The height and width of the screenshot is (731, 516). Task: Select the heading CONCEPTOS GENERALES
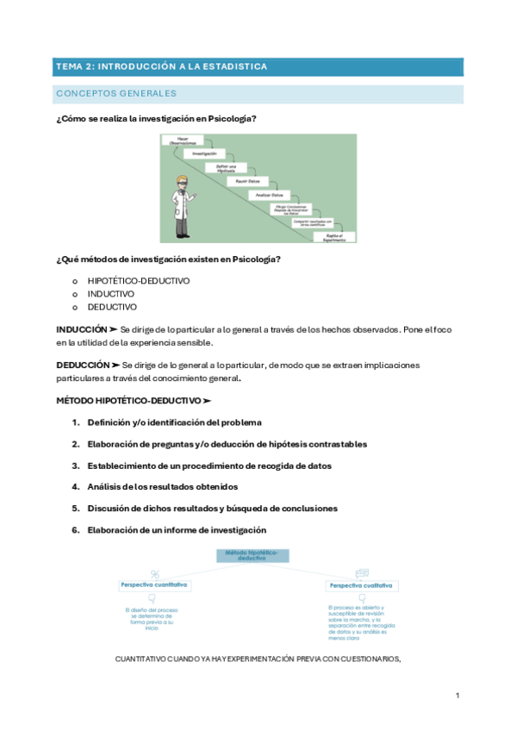pos(115,93)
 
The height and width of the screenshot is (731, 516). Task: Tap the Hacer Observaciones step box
pos(183,140)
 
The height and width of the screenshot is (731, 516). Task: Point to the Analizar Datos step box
pos(269,195)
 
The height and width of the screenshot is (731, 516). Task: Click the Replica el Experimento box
pos(335,236)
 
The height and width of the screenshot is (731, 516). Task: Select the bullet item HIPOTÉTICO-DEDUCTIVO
pos(139,281)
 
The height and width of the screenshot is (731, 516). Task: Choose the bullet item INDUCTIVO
pos(111,294)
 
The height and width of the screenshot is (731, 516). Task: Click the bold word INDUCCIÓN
pos(81,329)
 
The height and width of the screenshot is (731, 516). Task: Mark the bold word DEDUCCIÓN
pos(83,365)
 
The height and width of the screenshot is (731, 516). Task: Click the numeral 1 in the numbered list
pos(76,422)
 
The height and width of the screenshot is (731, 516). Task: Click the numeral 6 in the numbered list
pos(76,530)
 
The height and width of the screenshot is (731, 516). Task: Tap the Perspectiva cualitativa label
pos(360,586)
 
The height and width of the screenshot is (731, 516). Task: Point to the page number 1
pos(457,695)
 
